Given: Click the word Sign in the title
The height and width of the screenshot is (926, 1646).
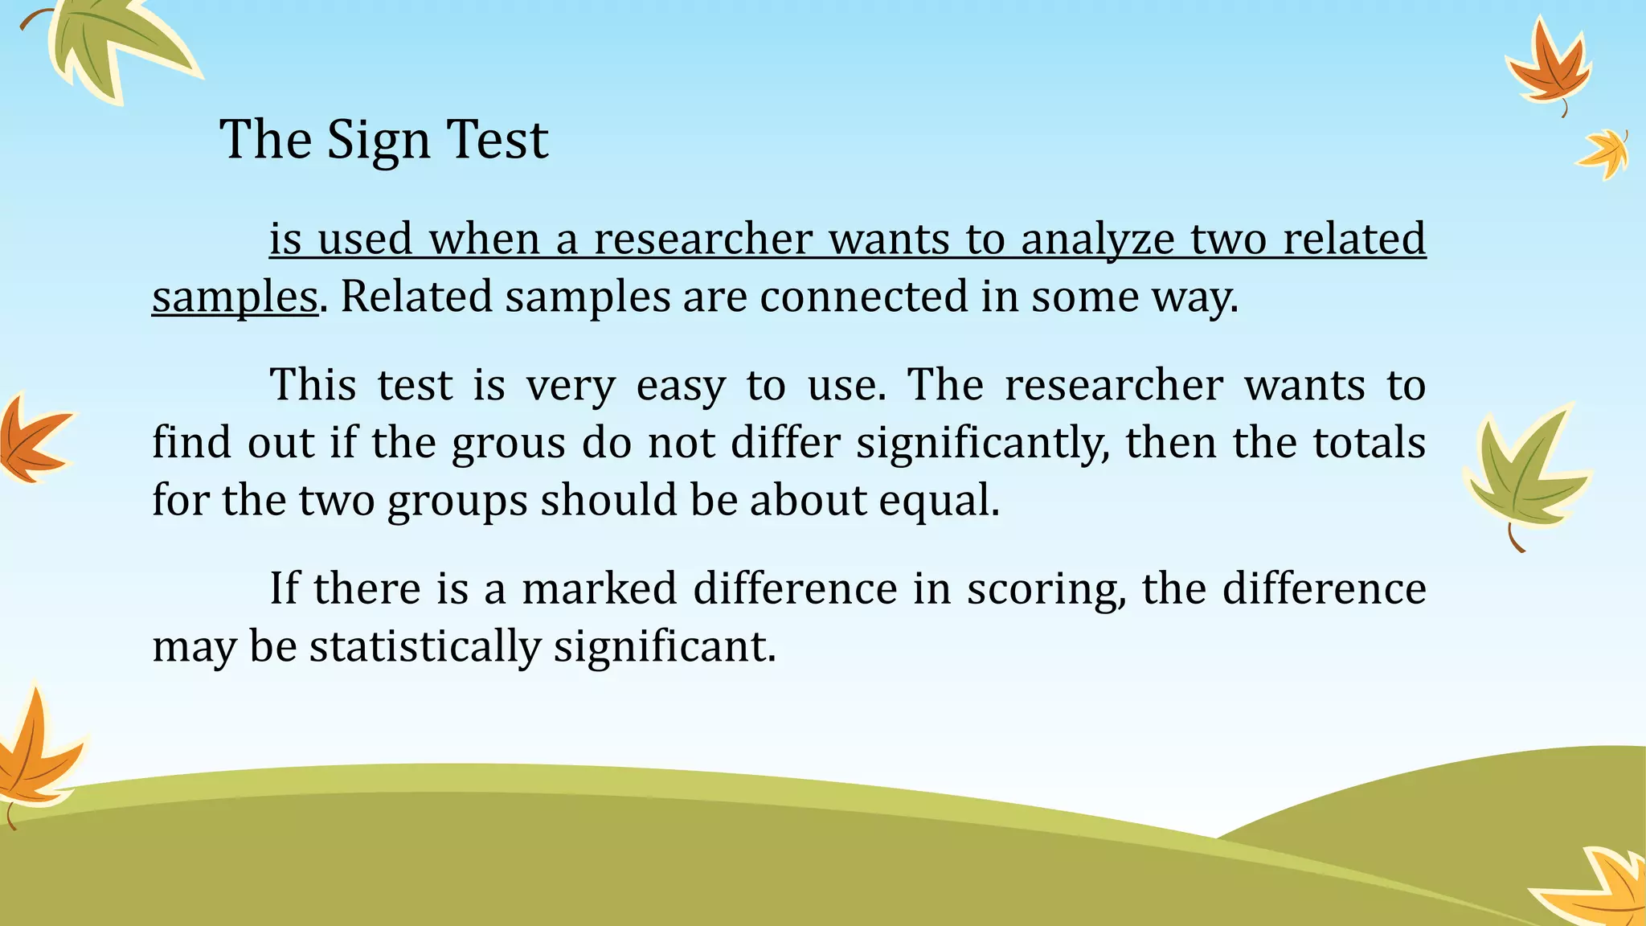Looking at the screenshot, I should [379, 141].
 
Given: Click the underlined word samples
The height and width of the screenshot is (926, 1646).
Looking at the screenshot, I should [235, 297].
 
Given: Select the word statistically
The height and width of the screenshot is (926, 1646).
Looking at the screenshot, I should [425, 647].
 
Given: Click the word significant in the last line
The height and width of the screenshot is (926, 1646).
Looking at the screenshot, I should [665, 647].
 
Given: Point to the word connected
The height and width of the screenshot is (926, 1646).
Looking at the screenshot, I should [863, 297].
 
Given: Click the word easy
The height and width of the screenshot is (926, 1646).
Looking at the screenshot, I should [681, 385].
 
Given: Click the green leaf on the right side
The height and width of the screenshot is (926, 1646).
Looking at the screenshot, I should [1523, 474].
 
